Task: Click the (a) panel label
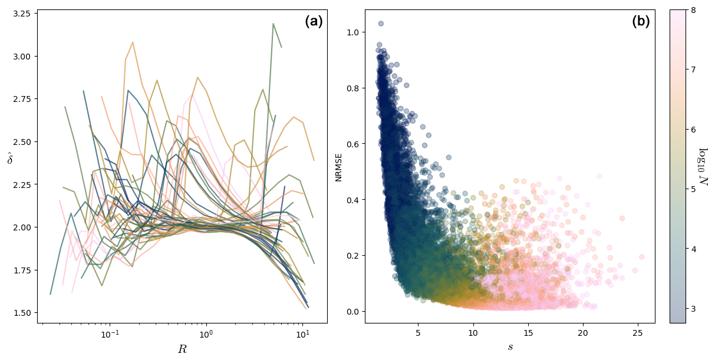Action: (x=314, y=22)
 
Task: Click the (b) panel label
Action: (x=641, y=22)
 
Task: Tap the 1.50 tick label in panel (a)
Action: (x=22, y=312)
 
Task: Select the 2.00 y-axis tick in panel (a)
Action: (x=22, y=227)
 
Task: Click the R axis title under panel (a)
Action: (x=182, y=349)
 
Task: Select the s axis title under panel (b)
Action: (x=510, y=348)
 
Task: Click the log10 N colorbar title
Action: (x=703, y=166)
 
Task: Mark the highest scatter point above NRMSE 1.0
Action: (x=381, y=24)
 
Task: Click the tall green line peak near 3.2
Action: (x=274, y=24)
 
